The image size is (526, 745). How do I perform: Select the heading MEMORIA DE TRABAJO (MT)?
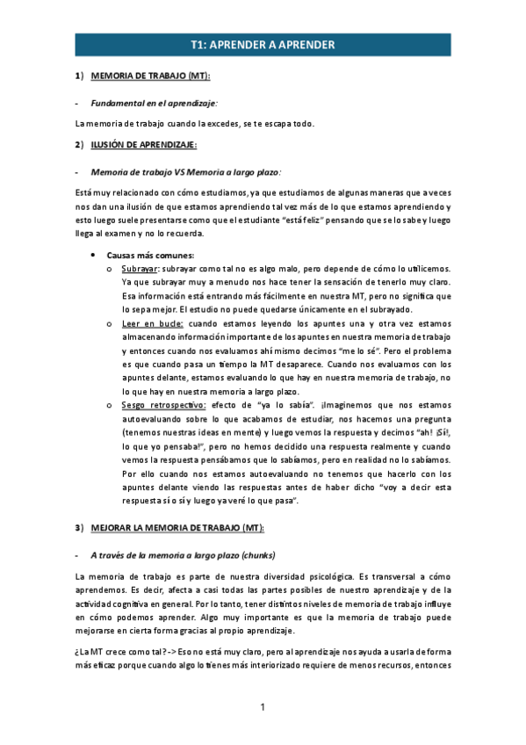[149, 76]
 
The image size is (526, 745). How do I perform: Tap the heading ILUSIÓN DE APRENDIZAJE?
[144, 144]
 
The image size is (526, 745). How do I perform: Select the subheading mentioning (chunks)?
[183, 555]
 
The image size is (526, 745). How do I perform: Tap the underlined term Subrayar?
[141, 268]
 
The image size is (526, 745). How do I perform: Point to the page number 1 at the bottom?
[263, 708]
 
